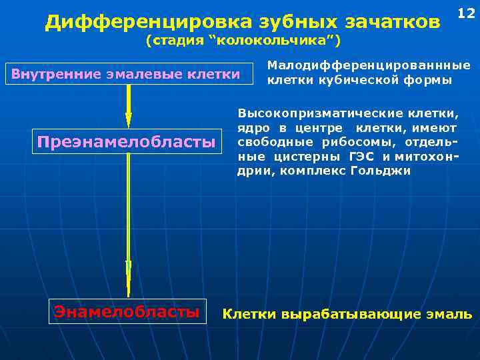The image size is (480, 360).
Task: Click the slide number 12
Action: point(465,13)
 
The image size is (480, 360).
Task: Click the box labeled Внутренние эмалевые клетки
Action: point(125,73)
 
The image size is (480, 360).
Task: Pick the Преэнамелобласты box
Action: point(127,141)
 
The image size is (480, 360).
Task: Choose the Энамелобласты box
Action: point(127,311)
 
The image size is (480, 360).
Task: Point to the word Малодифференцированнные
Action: point(368,66)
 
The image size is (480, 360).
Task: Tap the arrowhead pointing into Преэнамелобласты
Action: point(129,119)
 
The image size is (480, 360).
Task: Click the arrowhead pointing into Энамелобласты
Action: point(129,288)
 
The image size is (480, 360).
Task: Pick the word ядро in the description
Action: point(252,127)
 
